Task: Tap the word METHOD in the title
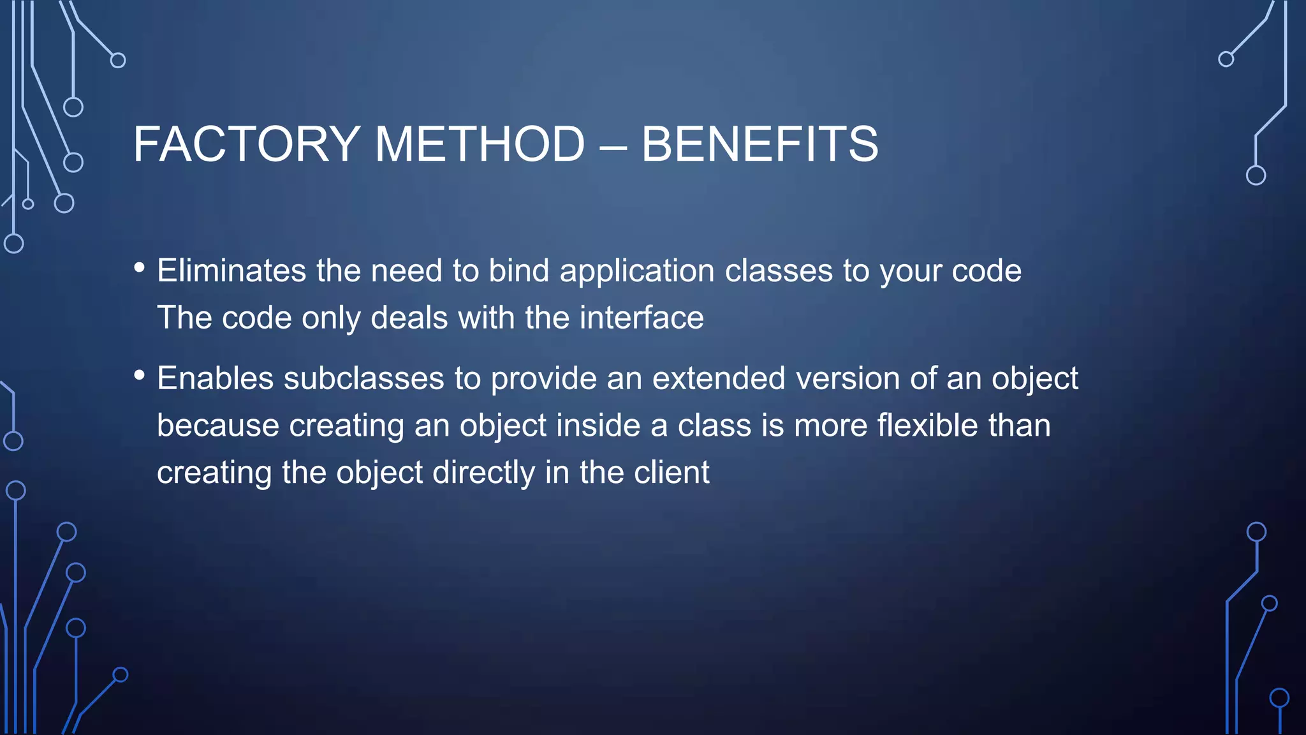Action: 480,144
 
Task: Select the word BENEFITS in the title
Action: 759,144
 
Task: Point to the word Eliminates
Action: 231,271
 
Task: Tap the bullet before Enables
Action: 140,375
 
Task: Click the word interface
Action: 642,318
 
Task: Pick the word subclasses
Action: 363,378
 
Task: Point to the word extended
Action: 719,378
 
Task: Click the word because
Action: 218,426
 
